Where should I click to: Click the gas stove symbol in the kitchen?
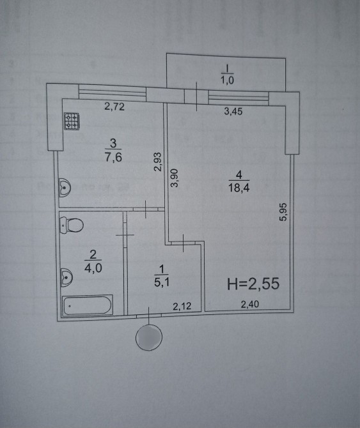click(x=72, y=121)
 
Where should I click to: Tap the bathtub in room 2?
click(x=88, y=305)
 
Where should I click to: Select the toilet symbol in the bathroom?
click(x=71, y=225)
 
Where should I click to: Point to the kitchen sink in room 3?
click(x=65, y=187)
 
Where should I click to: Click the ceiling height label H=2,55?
click(x=253, y=284)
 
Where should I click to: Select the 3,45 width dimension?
click(x=233, y=111)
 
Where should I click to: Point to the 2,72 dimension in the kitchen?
click(x=114, y=107)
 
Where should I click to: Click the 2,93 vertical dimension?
click(x=159, y=162)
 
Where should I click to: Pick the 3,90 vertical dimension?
click(x=174, y=178)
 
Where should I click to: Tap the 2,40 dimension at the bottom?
click(x=249, y=304)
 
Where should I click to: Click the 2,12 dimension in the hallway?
click(x=182, y=306)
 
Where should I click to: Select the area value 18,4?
click(x=239, y=188)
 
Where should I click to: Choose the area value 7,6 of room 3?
click(x=113, y=157)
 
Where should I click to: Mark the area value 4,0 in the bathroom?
click(x=93, y=268)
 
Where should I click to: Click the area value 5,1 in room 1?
click(x=162, y=282)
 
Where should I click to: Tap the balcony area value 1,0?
click(x=227, y=80)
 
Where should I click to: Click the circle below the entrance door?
click(x=149, y=337)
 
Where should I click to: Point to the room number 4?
click(x=239, y=174)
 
